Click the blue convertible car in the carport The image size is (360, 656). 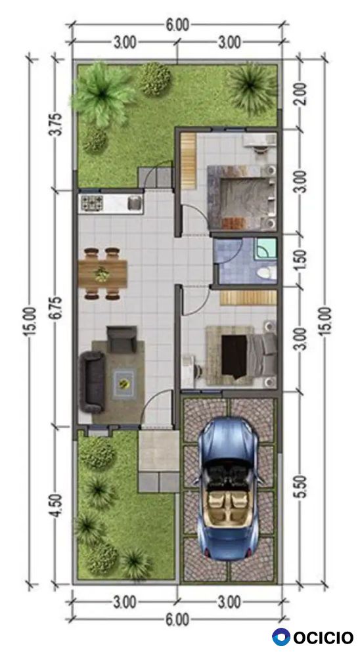click(x=229, y=488)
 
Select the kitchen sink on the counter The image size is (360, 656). click(x=135, y=203)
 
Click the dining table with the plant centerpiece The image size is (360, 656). click(x=102, y=274)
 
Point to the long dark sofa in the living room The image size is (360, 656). click(x=92, y=382)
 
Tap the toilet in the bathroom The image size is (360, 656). click(x=267, y=273)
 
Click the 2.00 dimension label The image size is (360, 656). click(x=304, y=94)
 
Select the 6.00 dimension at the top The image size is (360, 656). click(x=177, y=26)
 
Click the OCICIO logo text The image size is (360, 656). click(x=323, y=638)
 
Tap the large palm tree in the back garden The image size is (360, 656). click(x=102, y=94)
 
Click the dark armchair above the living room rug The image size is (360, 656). click(x=122, y=339)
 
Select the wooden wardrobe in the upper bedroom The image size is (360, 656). click(x=189, y=161)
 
